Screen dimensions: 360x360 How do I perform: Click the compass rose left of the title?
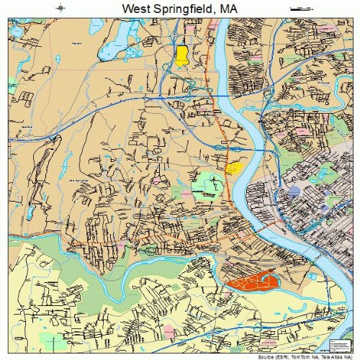62,8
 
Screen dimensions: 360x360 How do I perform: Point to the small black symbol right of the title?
297,8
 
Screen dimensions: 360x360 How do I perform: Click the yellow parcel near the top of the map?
181,55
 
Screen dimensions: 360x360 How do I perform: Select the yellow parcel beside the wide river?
233,168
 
